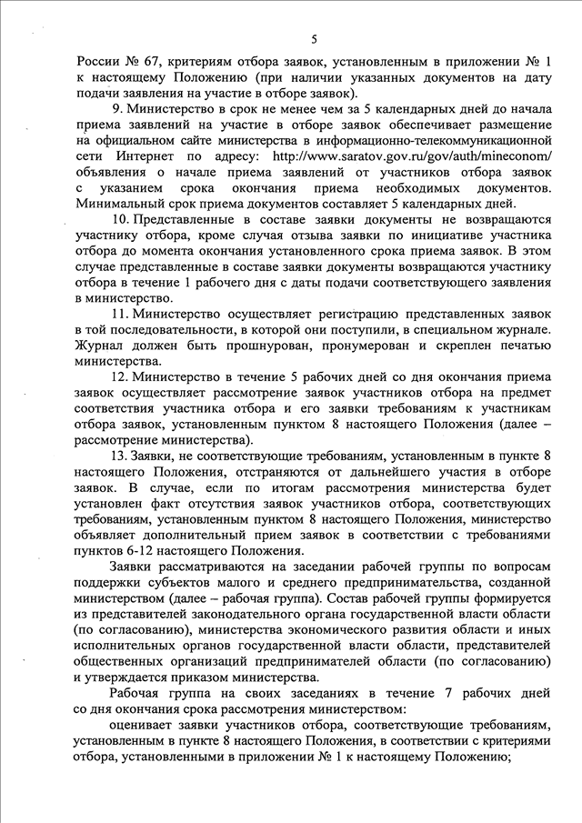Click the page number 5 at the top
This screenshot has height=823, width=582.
[314, 40]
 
